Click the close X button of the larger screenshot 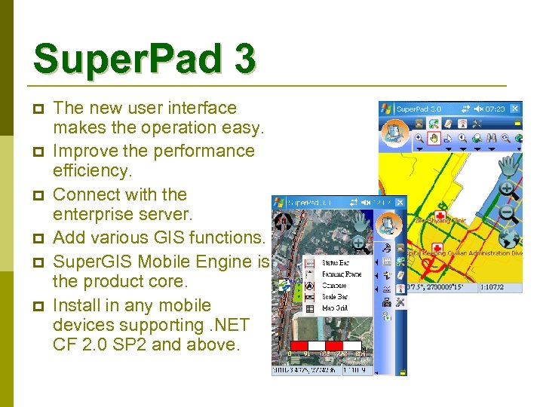[516, 109]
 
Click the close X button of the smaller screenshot [400, 203]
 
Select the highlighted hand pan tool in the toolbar [434, 138]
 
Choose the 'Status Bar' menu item [335, 263]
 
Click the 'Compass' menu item [334, 286]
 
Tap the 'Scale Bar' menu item [334, 297]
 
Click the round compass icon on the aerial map [284, 222]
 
